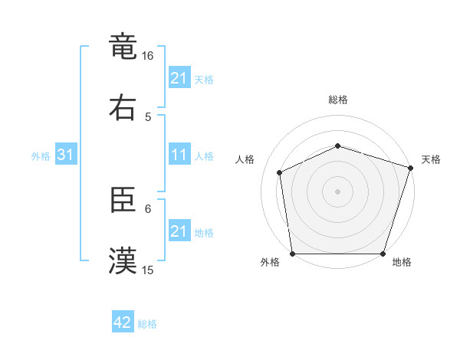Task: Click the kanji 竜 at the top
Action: [123, 47]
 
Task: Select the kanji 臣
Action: [123, 201]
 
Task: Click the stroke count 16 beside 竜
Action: [148, 56]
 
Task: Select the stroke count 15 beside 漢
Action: [148, 270]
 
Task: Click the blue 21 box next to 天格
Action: [179, 78]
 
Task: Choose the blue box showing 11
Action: [179, 155]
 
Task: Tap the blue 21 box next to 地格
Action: [179, 231]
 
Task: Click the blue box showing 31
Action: [65, 155]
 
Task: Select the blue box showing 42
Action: [123, 322]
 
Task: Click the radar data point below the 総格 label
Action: [337, 146]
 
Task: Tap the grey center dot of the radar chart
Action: [337, 191]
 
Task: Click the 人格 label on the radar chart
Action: [246, 159]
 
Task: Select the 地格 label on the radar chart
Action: [402, 263]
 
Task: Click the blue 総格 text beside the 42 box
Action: [147, 323]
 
